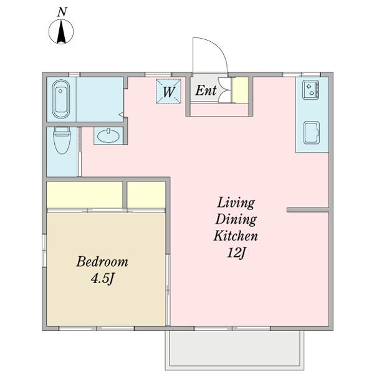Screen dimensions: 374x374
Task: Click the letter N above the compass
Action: coord(62,12)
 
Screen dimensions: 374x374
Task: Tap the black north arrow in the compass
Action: coord(61,32)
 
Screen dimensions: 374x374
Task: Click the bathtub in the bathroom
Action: coord(61,99)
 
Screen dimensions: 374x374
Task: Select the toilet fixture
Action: coord(62,140)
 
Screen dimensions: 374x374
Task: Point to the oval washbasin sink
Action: coord(108,136)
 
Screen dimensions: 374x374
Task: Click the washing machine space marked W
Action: coord(169,91)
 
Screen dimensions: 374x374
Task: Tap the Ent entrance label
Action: coord(206,90)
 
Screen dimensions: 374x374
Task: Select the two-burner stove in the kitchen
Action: coord(311,90)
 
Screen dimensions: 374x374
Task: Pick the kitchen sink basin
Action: coord(312,133)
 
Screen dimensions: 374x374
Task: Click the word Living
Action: coord(236,203)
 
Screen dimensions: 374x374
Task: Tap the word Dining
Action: coord(236,219)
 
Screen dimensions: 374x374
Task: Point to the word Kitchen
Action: coord(236,236)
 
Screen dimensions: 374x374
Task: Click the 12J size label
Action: coord(236,252)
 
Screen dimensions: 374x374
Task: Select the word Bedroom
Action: coord(102,262)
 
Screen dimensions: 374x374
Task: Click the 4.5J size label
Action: coord(103,278)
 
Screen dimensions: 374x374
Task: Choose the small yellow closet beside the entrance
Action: coord(241,90)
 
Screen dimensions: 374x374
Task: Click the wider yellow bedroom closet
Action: coord(85,194)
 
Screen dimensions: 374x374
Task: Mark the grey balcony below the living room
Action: coord(234,350)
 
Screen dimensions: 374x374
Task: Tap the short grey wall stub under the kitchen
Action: coord(308,210)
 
